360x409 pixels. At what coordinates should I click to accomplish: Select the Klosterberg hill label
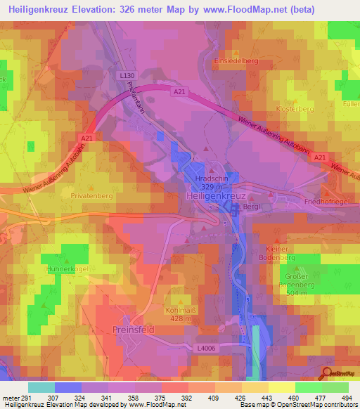(x=295, y=110)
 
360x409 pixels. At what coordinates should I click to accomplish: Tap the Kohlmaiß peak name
(x=179, y=309)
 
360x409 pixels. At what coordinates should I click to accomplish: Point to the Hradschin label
(x=210, y=179)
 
